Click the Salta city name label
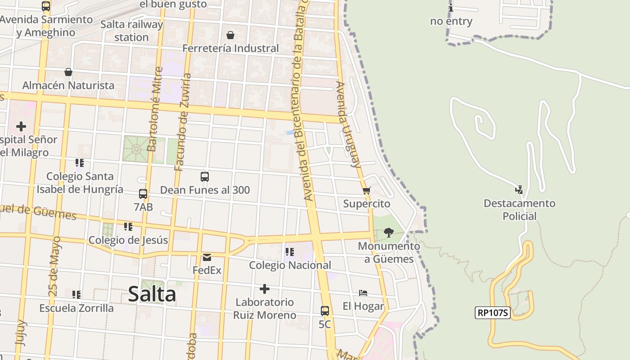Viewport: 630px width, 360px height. click(152, 294)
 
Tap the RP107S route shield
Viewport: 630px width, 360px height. click(493, 313)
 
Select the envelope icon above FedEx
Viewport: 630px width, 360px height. click(207, 257)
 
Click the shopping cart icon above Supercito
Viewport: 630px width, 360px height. click(366, 191)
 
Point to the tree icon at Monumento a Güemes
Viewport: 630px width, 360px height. click(389, 233)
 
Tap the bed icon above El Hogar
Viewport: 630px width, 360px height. click(363, 293)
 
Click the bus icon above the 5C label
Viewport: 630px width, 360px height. click(325, 310)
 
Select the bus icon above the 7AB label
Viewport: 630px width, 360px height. click(143, 194)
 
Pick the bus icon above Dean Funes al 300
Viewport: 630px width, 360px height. click(205, 177)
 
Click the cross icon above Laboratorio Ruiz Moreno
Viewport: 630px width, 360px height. click(265, 288)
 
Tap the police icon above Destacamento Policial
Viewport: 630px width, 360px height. click(519, 190)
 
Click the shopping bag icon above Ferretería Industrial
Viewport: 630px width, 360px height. click(230, 35)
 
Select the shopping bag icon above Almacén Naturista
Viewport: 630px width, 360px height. click(68, 72)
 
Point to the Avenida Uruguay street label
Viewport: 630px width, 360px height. click(349, 125)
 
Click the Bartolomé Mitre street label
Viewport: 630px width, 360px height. click(154, 109)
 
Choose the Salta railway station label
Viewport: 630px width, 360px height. click(131, 31)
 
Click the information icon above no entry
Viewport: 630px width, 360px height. click(451, 8)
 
